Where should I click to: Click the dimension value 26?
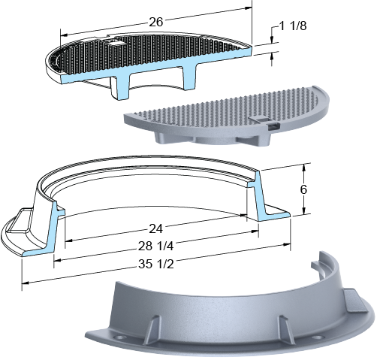[x=156, y=22]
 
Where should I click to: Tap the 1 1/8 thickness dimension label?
[x=292, y=26]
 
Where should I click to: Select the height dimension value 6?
[x=303, y=189]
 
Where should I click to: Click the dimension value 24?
[x=155, y=228]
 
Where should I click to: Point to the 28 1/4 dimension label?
[x=155, y=247]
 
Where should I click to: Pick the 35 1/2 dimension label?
[x=155, y=264]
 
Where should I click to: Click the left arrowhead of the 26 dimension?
[x=64, y=35]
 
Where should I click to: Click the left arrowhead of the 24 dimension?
[x=68, y=241]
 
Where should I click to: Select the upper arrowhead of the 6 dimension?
[x=303, y=168]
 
